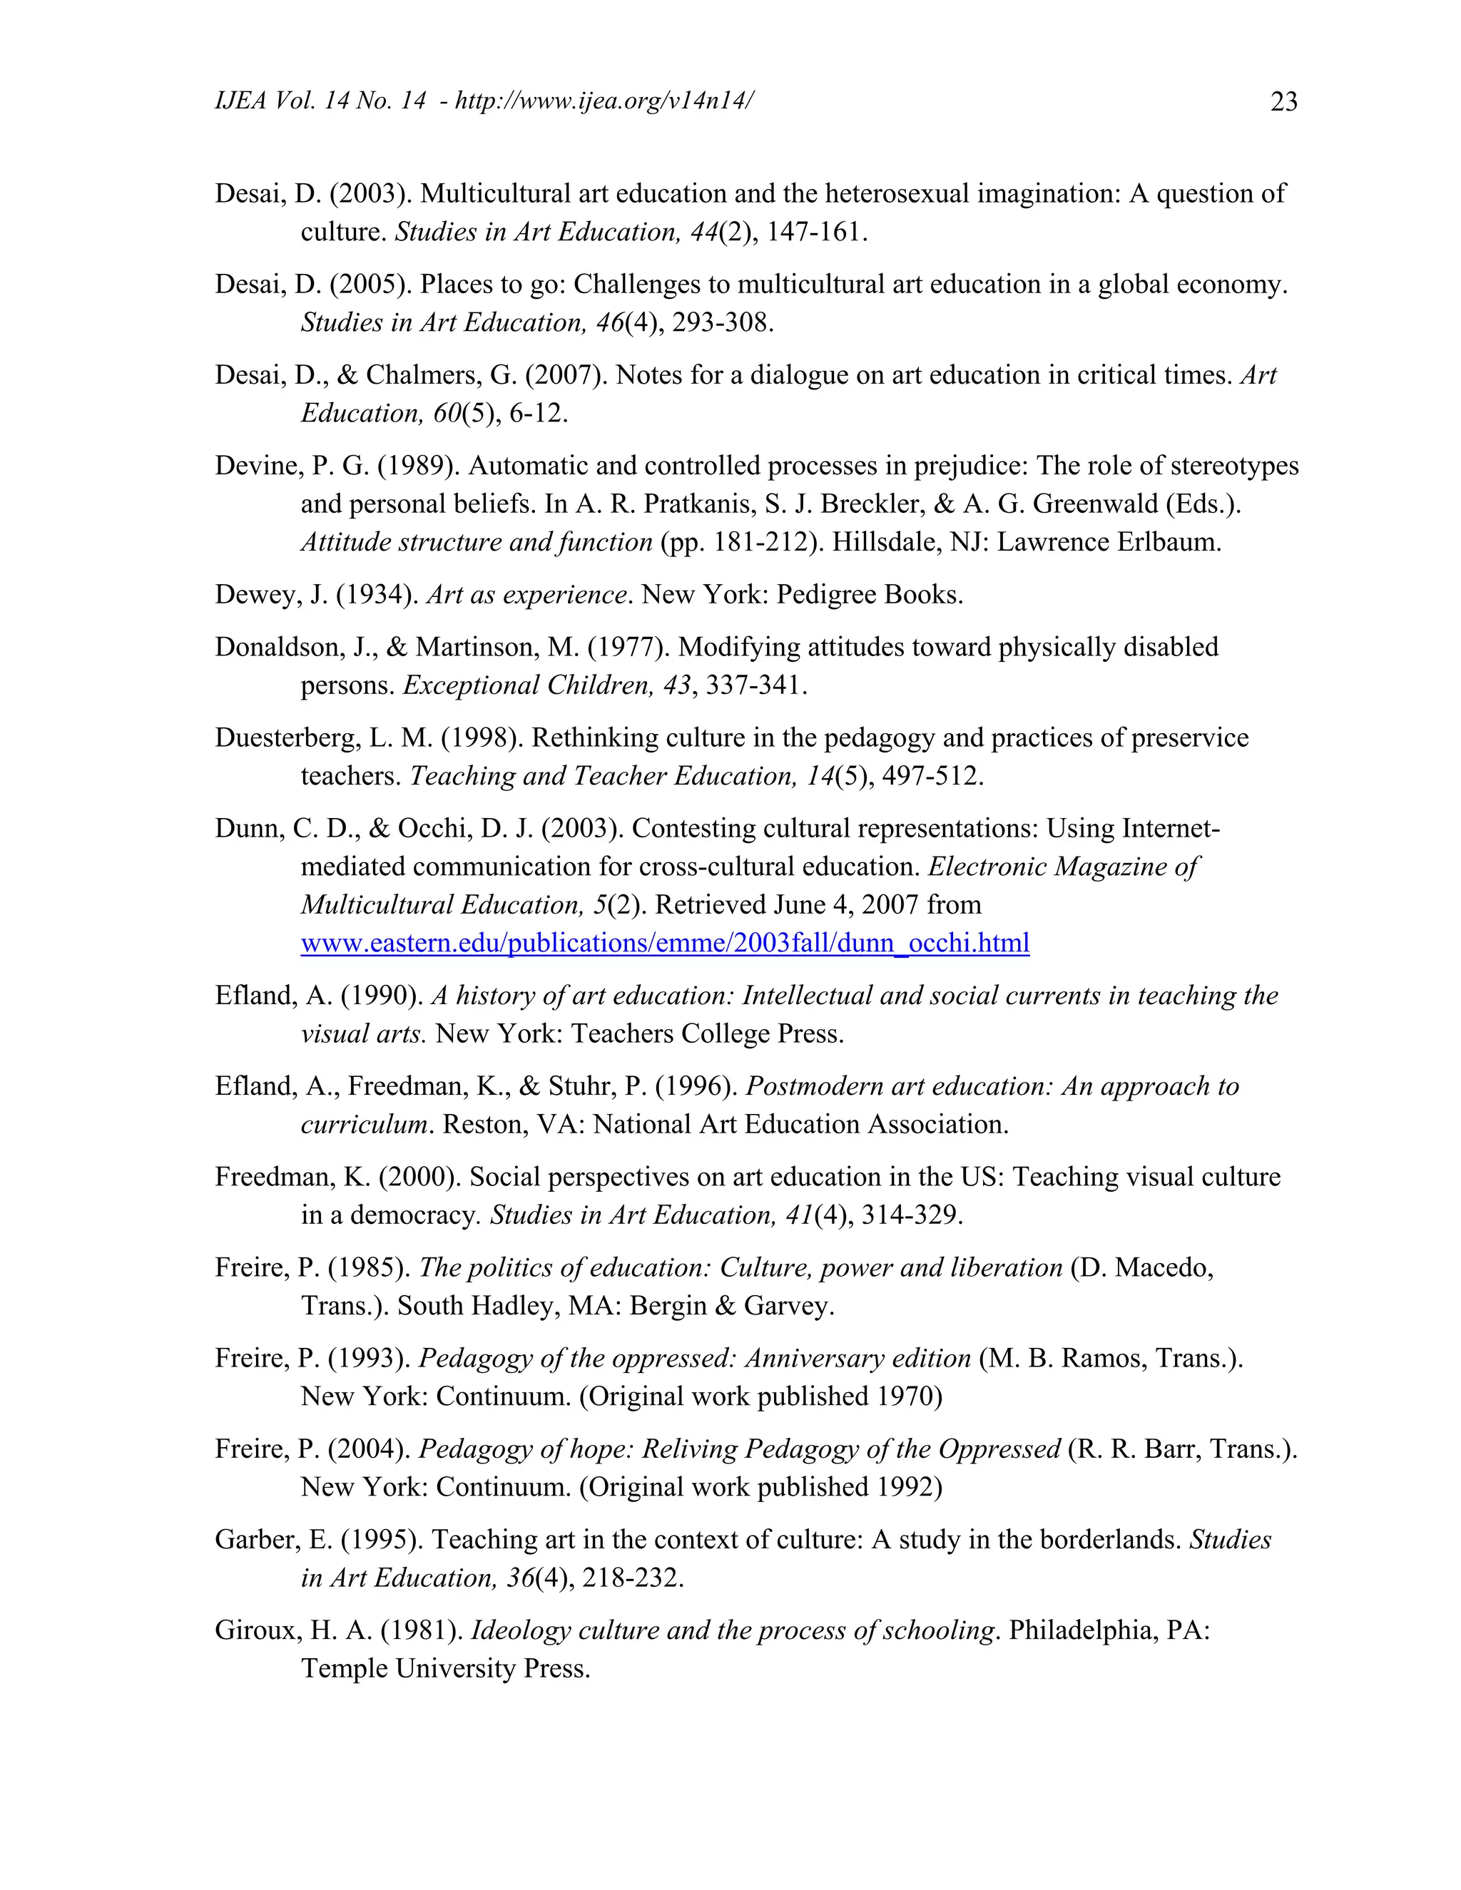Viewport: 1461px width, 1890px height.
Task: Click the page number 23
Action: (1283, 102)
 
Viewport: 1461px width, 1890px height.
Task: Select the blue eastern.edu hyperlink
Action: (665, 942)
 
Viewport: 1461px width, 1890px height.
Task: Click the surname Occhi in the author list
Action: (430, 829)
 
